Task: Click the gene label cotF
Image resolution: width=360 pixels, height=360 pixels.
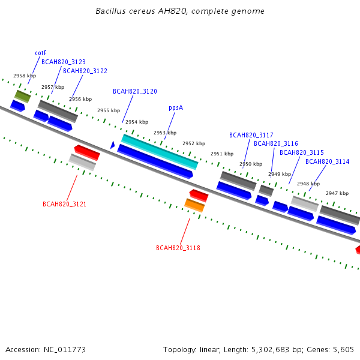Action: (41, 53)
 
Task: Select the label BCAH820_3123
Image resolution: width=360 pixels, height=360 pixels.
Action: (64, 62)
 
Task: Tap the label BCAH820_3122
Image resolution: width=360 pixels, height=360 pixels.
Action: (85, 71)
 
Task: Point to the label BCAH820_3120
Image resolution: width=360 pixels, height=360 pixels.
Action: (135, 91)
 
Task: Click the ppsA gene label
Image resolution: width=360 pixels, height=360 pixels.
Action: (176, 107)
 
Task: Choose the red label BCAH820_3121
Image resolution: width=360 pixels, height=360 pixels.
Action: (64, 204)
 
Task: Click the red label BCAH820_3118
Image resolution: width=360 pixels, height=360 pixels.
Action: (178, 248)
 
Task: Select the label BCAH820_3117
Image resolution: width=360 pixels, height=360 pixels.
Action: (251, 135)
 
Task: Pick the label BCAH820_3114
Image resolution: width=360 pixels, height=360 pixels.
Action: (328, 161)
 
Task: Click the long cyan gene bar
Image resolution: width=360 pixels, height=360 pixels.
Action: (160, 151)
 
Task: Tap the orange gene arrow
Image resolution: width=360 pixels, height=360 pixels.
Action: (194, 205)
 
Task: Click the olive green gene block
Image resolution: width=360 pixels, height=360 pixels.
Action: (23, 96)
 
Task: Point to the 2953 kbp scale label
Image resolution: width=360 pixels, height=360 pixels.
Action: (165, 133)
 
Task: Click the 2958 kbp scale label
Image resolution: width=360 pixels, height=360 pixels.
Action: (25, 76)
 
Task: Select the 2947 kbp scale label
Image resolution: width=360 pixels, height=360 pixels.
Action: (337, 193)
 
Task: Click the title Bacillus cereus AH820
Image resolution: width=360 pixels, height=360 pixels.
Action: (180, 11)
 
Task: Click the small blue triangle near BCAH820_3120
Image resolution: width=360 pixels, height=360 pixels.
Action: (112, 145)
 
